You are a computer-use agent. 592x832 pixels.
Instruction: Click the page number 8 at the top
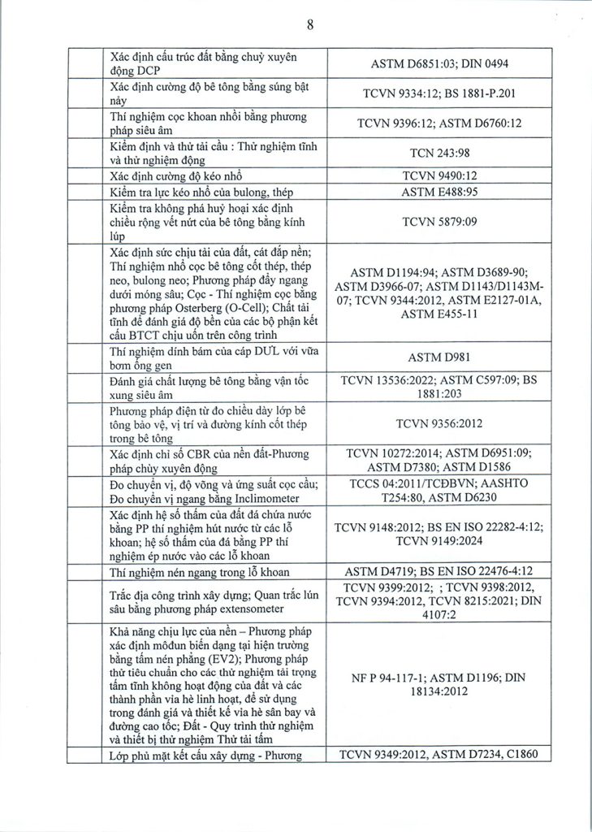click(310, 24)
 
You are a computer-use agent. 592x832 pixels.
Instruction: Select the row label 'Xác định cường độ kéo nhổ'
click(175, 175)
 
